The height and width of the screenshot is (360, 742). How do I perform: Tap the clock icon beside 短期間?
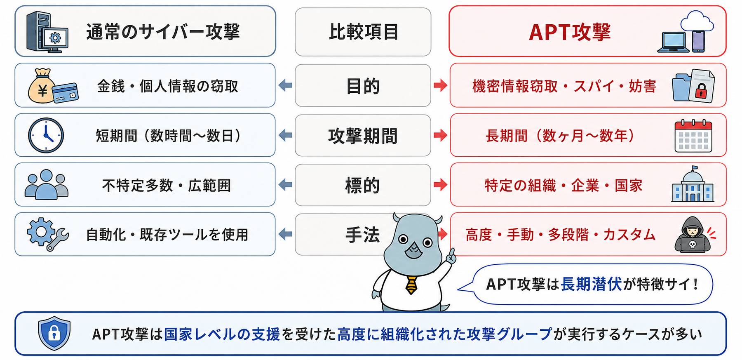click(x=46, y=135)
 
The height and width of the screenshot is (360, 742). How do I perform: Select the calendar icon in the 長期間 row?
click(x=693, y=136)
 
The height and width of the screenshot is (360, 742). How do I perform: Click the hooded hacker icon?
click(x=693, y=235)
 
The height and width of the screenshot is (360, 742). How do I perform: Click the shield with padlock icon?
click(x=54, y=333)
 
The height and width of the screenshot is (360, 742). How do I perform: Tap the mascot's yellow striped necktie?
click(x=411, y=285)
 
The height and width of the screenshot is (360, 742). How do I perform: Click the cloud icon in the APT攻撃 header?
click(x=697, y=21)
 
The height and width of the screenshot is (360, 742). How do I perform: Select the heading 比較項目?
click(x=363, y=32)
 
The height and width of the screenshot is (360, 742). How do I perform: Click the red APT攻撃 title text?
click(x=570, y=32)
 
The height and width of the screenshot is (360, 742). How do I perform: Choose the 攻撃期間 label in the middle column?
click(x=363, y=136)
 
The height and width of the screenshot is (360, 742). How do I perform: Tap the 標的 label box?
click(x=363, y=185)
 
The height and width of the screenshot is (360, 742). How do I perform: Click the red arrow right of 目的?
click(x=440, y=86)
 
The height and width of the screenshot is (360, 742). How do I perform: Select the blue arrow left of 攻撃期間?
click(x=285, y=135)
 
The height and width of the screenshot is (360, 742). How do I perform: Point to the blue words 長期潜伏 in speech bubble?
click(x=591, y=284)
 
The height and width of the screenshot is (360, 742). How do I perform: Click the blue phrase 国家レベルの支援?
click(x=222, y=334)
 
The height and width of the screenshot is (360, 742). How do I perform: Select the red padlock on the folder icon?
click(x=701, y=91)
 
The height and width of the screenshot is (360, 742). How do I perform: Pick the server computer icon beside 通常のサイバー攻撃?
click(x=47, y=32)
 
